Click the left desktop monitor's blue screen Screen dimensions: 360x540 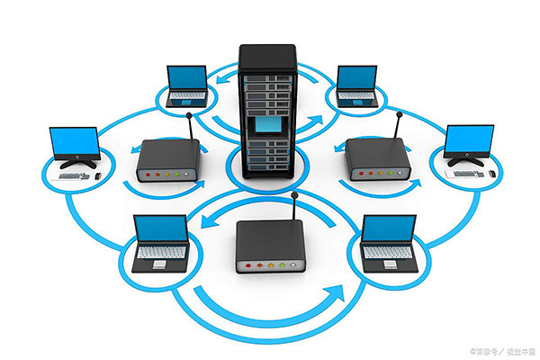coord(73,141)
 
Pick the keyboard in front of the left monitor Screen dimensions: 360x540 coord(71,175)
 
